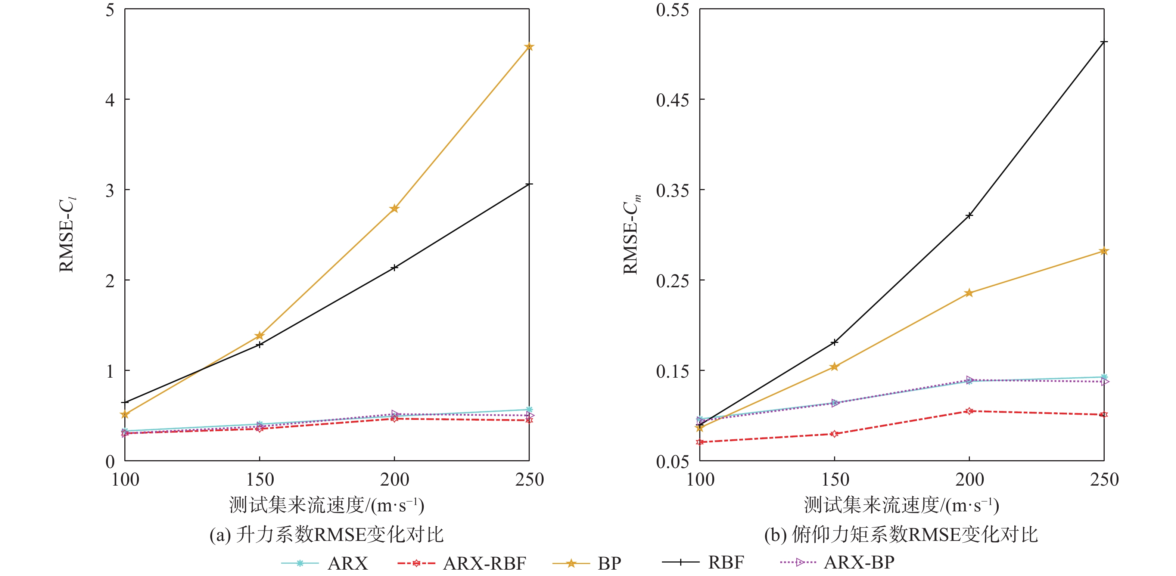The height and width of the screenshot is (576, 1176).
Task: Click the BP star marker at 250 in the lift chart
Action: pyautogui.click(x=529, y=47)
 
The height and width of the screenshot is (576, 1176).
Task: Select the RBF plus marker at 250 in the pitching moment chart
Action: pyautogui.click(x=1104, y=42)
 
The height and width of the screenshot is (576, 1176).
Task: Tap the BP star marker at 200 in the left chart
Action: pyautogui.click(x=395, y=209)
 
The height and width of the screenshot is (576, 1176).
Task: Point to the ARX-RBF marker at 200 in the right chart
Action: pyautogui.click(x=969, y=411)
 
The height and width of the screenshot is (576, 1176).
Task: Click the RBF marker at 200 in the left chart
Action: pyautogui.click(x=395, y=267)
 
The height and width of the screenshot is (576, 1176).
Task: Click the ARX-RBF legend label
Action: pyautogui.click(x=484, y=563)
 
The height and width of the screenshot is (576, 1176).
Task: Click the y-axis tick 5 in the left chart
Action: pyautogui.click(x=110, y=10)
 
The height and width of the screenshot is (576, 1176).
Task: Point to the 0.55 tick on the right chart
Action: pyautogui.click(x=672, y=10)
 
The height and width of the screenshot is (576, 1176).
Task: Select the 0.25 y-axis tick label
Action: pyautogui.click(x=672, y=281)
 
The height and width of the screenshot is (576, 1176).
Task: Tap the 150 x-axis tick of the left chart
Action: pyautogui.click(x=260, y=480)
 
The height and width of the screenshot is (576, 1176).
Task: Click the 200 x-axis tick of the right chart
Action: pyautogui.click(x=969, y=480)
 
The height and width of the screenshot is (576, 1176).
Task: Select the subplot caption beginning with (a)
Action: pyautogui.click(x=326, y=535)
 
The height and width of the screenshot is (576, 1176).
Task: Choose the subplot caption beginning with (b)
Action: pyautogui.click(x=901, y=535)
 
